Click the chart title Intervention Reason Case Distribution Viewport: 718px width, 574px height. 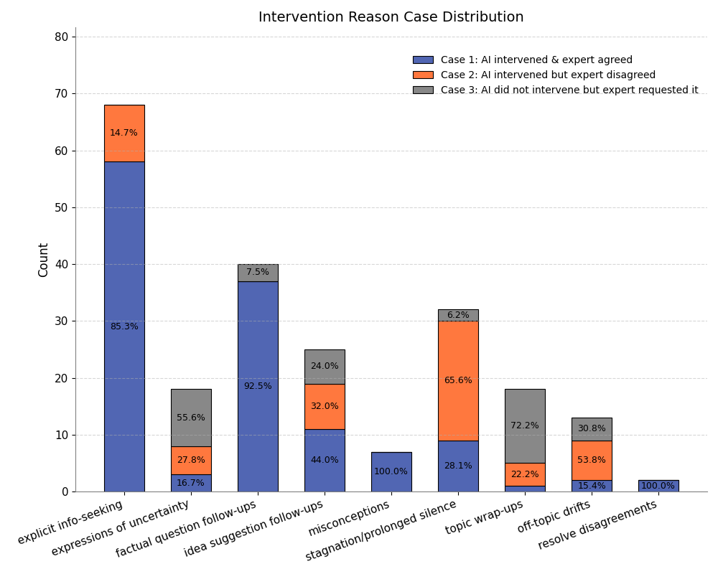391,17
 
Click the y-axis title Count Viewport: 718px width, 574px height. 44,260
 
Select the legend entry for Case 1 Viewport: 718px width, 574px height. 536,60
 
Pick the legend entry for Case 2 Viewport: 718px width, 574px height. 548,75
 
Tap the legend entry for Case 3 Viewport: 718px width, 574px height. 569,90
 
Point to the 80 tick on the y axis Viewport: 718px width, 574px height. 62,37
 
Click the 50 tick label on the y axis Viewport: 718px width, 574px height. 62,207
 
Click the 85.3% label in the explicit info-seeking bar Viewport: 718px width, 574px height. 124,326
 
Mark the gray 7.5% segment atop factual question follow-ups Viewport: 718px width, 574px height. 258,273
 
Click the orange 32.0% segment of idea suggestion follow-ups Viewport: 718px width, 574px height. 325,406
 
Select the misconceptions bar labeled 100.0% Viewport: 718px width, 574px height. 391,471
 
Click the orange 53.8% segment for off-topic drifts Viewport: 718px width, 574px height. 592,460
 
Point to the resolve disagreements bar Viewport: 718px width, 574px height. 658,486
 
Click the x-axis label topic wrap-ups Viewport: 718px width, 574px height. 485,517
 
